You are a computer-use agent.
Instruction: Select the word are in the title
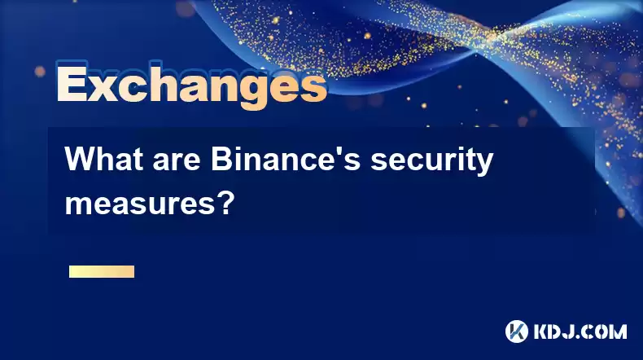(x=177, y=161)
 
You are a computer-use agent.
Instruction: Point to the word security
(x=432, y=162)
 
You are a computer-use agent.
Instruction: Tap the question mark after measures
(x=225, y=201)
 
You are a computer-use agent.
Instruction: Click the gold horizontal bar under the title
(x=102, y=271)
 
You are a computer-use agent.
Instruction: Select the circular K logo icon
(x=517, y=331)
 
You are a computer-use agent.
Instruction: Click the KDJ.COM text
(x=580, y=331)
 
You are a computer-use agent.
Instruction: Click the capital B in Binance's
(x=222, y=159)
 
